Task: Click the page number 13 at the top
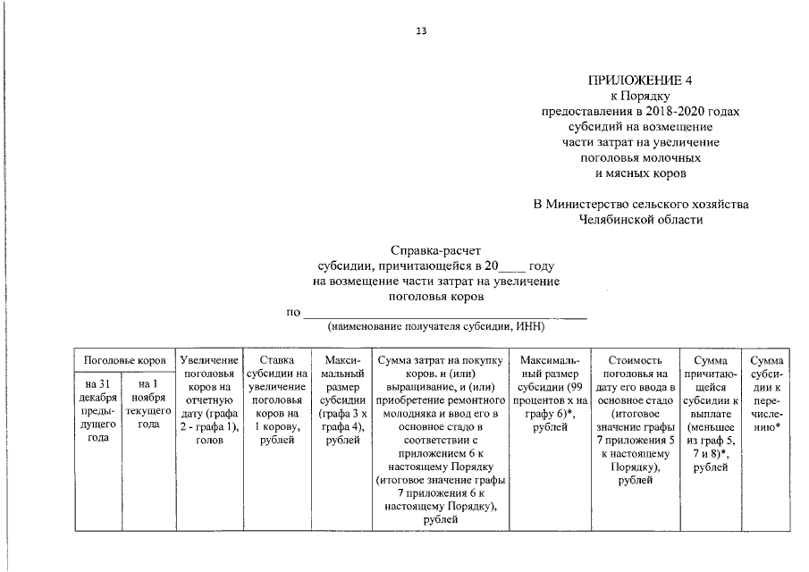(x=421, y=31)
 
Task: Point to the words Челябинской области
(x=641, y=219)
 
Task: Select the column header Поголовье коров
(x=124, y=360)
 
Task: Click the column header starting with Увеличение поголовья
(x=208, y=398)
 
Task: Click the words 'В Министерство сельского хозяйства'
(x=641, y=204)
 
